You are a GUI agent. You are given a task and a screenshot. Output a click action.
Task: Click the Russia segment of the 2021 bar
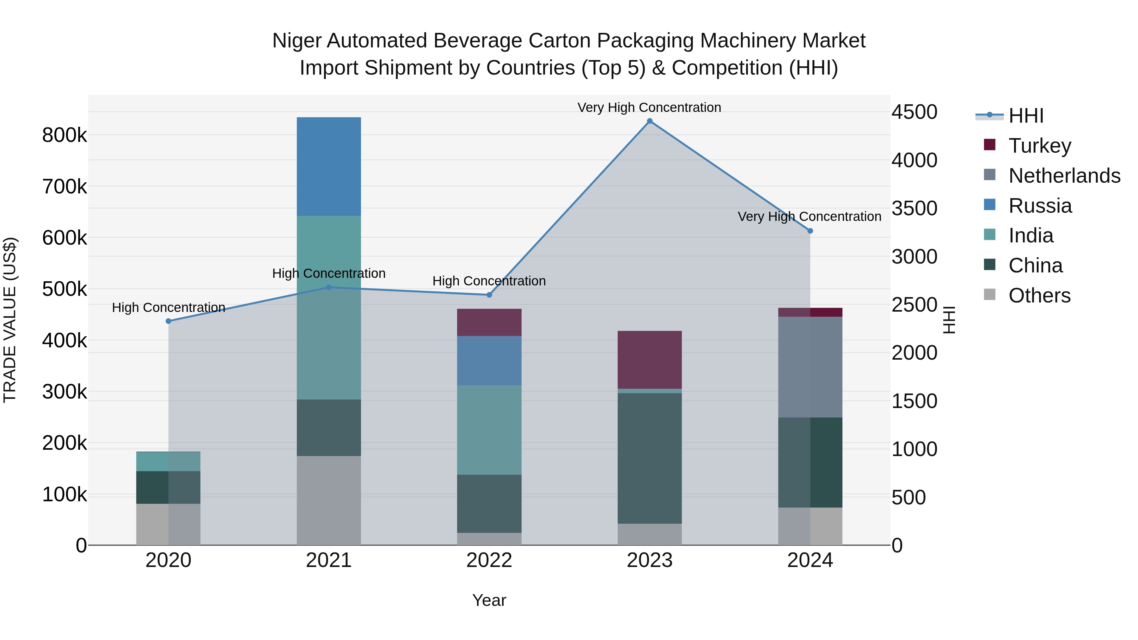329,167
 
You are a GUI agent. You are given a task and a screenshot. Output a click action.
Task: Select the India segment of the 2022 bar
489,430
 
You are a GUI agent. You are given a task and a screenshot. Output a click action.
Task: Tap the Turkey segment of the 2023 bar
649,360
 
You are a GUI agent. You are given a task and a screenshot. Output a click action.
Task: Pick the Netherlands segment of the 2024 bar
810,367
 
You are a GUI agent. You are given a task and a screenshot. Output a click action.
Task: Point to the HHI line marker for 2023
649,121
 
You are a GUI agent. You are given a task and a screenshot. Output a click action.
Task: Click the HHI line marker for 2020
168,321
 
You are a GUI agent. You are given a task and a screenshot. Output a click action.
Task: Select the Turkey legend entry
1039,146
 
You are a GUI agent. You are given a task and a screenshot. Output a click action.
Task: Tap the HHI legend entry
1026,116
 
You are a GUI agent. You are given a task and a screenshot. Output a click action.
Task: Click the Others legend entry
1039,296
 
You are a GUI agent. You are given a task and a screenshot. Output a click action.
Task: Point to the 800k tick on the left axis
64,135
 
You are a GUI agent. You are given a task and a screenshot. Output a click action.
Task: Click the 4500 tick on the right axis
914,112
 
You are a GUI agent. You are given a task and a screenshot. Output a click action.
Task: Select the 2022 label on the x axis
489,560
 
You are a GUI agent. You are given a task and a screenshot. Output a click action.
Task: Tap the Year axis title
489,600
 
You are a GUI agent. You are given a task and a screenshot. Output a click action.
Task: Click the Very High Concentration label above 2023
649,107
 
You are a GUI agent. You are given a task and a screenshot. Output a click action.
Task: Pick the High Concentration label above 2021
329,273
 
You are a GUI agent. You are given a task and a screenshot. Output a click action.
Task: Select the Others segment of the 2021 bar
329,500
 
